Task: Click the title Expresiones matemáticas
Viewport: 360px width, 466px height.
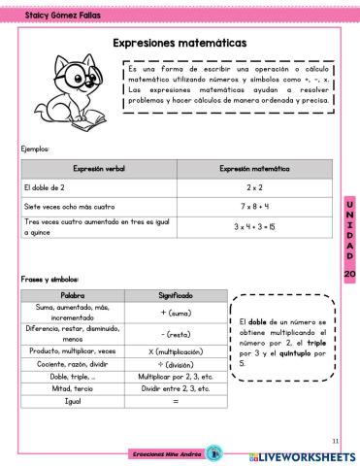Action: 180,44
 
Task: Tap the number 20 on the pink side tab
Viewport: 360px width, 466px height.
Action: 350,274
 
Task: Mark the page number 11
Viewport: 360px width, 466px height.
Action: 335,439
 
